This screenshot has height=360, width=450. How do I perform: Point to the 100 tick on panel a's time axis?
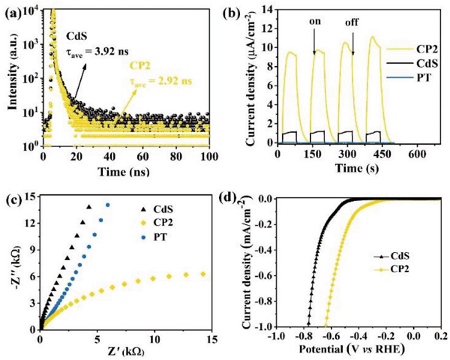(208, 155)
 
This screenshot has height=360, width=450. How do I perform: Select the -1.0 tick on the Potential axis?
(279, 339)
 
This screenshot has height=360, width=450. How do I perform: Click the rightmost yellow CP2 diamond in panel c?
(202, 274)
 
